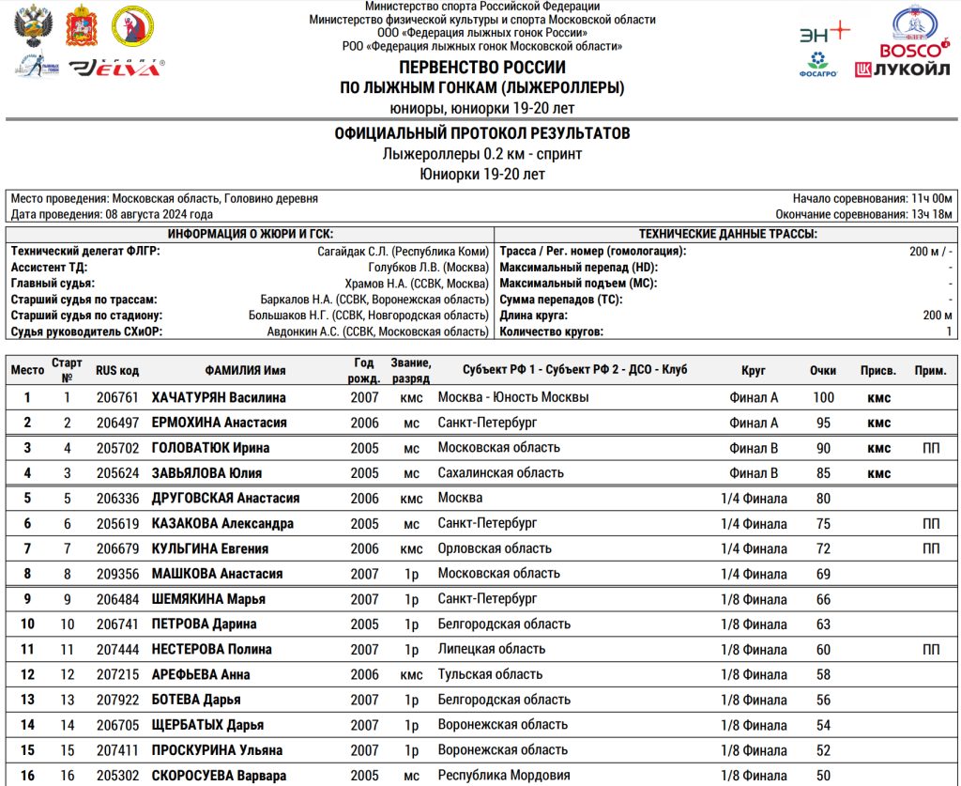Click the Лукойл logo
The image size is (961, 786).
(901, 69)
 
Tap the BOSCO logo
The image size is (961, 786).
(908, 50)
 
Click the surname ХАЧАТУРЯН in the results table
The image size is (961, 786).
(191, 397)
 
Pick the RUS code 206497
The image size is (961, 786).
(117, 423)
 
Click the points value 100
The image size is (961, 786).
(823, 397)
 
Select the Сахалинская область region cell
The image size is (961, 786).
(501, 473)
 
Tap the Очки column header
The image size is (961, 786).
(823, 370)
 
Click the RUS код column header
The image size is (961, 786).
(117, 370)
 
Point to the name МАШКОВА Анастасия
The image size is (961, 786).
(218, 574)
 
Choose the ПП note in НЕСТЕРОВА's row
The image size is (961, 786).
(931, 649)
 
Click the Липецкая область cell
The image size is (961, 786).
(492, 649)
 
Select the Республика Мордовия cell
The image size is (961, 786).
(504, 776)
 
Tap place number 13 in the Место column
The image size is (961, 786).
(27, 700)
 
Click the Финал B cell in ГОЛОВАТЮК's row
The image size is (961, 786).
(754, 448)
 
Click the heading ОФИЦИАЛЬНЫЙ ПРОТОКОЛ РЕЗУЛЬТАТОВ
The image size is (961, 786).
(482, 134)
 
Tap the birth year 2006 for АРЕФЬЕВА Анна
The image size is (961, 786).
(364, 674)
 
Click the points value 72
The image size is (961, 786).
(823, 548)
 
